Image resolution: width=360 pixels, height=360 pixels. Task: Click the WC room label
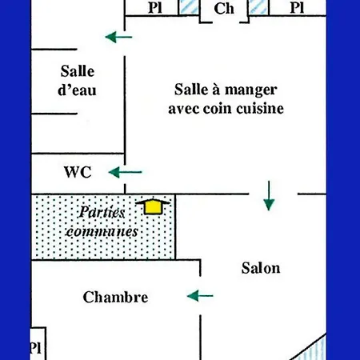click(x=78, y=172)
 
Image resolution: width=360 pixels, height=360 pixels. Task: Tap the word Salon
click(x=261, y=268)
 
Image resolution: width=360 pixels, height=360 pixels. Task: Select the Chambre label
click(x=115, y=297)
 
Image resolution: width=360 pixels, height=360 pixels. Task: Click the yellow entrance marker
click(x=153, y=206)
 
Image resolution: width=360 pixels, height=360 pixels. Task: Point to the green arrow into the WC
click(x=125, y=172)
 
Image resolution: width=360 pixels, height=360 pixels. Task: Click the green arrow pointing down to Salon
click(x=269, y=196)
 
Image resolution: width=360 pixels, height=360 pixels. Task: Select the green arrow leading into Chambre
click(x=200, y=296)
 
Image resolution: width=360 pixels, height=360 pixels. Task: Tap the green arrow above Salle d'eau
click(x=118, y=37)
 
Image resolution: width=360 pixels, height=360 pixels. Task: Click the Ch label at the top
click(x=224, y=8)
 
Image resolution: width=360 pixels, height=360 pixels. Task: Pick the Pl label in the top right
click(x=297, y=8)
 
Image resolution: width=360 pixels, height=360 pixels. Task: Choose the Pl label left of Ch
click(x=155, y=8)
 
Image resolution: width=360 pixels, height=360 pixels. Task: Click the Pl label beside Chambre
click(x=36, y=347)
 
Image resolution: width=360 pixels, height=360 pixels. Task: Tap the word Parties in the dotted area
click(x=102, y=212)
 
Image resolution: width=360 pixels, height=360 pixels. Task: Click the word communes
click(x=102, y=231)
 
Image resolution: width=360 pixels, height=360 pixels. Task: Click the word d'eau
click(x=77, y=90)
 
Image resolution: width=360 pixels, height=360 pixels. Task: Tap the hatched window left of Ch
click(x=189, y=7)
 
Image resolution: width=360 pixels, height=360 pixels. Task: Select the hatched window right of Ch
click(x=258, y=7)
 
